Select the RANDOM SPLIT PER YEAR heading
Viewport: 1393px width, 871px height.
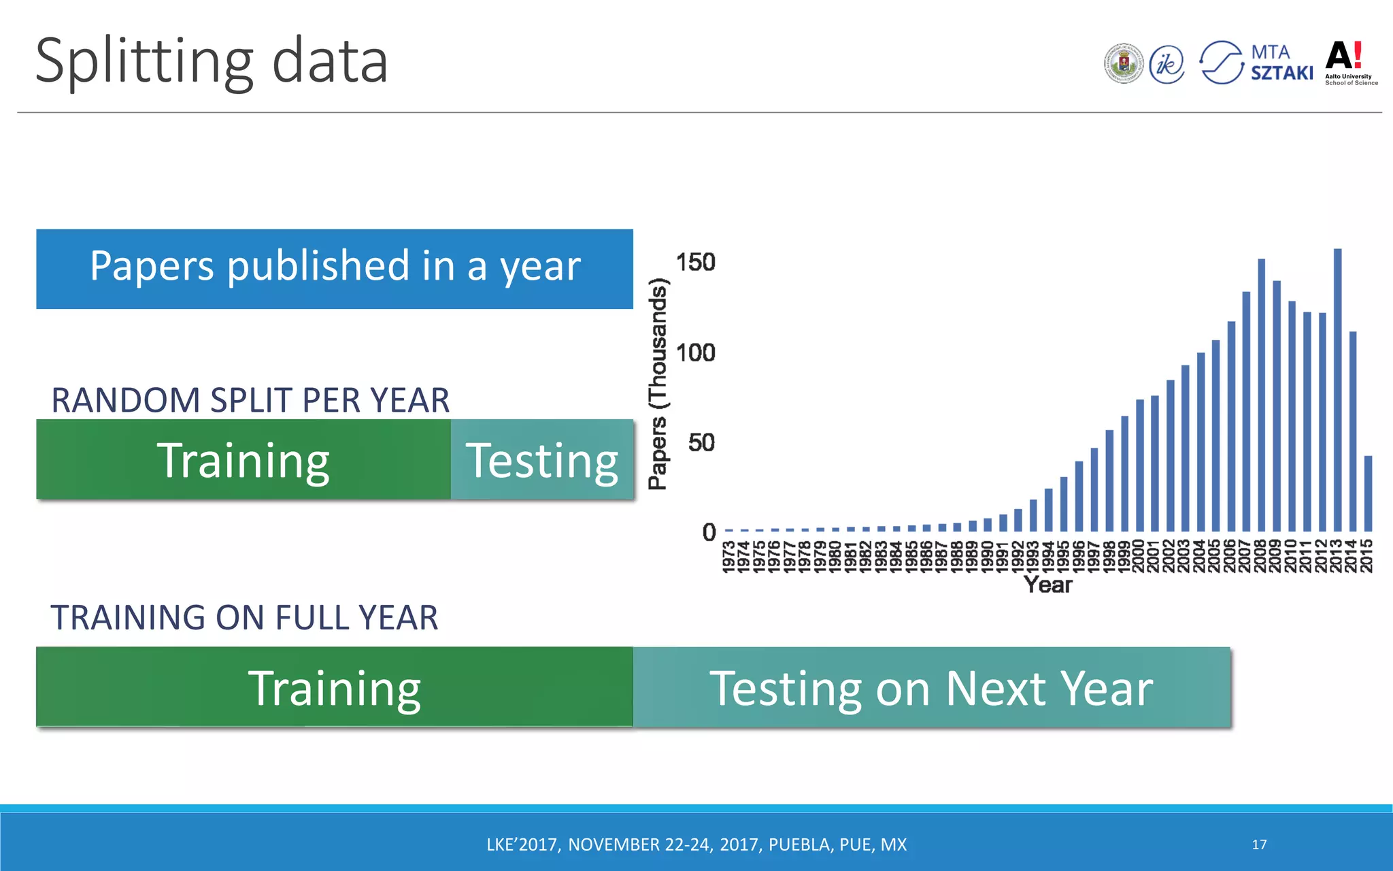point(250,400)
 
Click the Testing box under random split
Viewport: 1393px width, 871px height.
point(542,460)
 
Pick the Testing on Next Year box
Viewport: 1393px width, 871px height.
point(931,688)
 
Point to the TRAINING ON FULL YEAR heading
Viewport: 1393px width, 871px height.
point(244,618)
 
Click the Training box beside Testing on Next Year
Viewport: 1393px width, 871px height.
point(335,688)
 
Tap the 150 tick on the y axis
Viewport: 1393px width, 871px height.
point(695,263)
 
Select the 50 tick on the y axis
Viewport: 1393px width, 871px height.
point(701,443)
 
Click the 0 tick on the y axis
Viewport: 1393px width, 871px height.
point(709,532)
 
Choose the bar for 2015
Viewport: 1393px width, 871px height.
point(1368,493)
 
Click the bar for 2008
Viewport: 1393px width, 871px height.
point(1261,395)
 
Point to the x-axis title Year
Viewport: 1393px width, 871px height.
point(1047,585)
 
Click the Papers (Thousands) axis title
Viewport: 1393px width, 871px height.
point(658,384)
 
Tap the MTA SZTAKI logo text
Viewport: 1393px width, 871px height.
point(1281,63)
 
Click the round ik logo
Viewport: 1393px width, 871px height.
point(1167,65)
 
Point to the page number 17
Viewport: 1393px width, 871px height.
point(1259,844)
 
